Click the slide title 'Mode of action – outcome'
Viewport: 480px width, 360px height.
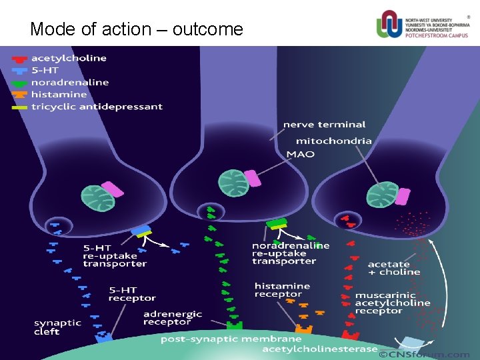pos(137,29)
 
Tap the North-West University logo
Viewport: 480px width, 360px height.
pos(423,25)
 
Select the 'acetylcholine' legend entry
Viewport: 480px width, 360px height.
pos(68,58)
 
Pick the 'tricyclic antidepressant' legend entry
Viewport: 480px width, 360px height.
pos(96,107)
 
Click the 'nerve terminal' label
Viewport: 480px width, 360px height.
pos(324,124)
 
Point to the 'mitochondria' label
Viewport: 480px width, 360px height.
pos(333,141)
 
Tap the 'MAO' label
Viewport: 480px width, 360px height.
pos(300,154)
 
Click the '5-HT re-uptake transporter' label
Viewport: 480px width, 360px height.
pos(114,255)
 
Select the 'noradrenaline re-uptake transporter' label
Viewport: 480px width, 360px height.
pos(290,253)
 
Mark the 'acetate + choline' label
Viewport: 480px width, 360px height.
pos(393,268)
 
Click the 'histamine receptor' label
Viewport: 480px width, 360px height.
pos(282,290)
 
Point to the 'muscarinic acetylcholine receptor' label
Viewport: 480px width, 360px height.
pos(392,303)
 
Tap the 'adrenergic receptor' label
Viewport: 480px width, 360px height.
pos(168,317)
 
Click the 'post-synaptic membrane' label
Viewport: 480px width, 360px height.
pos(231,339)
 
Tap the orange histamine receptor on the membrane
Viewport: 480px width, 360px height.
pos(304,329)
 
